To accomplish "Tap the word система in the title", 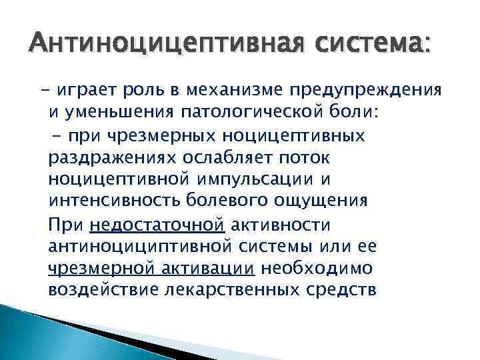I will coord(372,45).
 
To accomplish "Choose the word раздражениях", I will coord(107,159).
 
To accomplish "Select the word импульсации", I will coord(252,181).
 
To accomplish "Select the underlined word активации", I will coord(217,269).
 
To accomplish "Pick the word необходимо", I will coord(319,269).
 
